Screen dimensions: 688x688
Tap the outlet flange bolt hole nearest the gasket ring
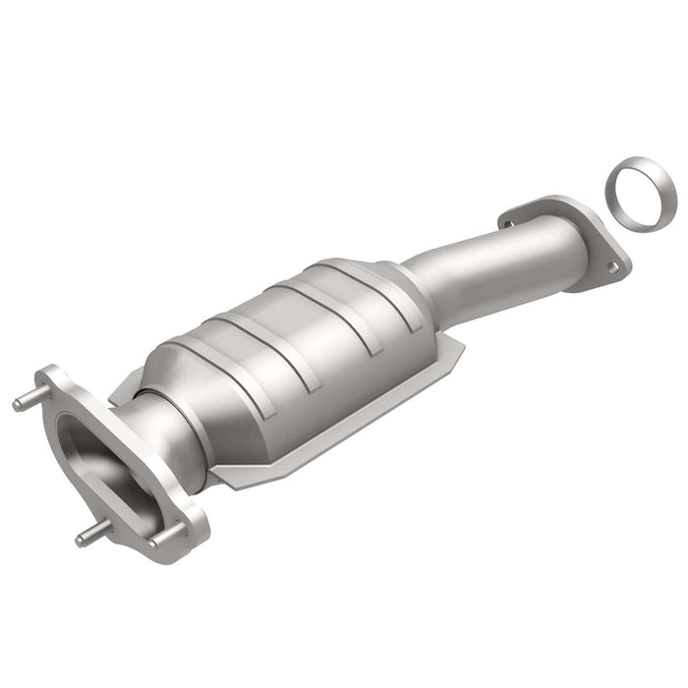[x=612, y=264]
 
